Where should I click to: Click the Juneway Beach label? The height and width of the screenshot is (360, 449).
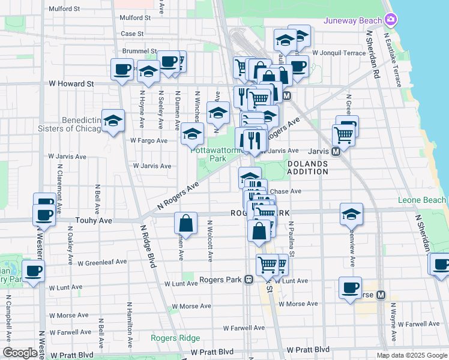coord(352,20)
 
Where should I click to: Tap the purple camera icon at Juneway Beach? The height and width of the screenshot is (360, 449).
coord(391,20)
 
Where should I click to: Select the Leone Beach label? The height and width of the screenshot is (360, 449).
coord(422,200)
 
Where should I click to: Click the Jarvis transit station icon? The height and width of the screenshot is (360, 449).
coord(336,151)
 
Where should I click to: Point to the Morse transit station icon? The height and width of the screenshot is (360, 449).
coord(380,295)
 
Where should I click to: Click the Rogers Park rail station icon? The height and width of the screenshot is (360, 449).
coord(247,280)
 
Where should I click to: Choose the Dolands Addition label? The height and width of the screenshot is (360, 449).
coord(307,167)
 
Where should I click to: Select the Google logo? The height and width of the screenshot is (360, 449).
coord(19,353)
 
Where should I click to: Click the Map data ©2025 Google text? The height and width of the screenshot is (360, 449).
coord(411,355)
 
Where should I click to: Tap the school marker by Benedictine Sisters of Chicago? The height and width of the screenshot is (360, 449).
coord(113,121)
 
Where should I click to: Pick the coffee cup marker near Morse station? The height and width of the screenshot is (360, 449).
coord(349,287)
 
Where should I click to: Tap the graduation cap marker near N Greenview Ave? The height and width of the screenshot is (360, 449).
coord(352,214)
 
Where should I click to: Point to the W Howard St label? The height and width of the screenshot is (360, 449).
coord(71,84)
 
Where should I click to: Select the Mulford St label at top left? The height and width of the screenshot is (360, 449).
coord(65,9)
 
